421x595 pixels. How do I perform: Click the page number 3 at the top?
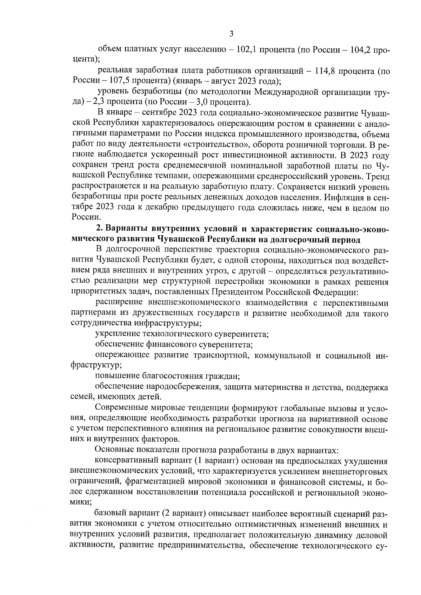tap(231, 34)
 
